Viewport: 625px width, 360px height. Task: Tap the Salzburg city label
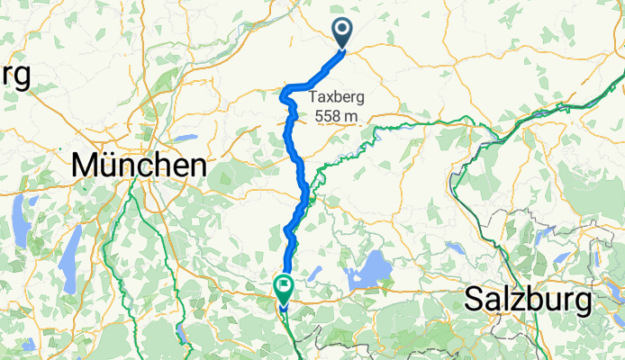527,299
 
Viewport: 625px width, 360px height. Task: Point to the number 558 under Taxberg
328,116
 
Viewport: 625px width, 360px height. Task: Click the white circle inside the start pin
344,30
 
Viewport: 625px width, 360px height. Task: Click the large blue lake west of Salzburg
368,269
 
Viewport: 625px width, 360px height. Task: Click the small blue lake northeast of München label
185,139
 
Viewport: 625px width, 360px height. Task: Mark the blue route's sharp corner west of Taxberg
285,90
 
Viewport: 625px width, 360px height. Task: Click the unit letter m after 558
352,116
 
